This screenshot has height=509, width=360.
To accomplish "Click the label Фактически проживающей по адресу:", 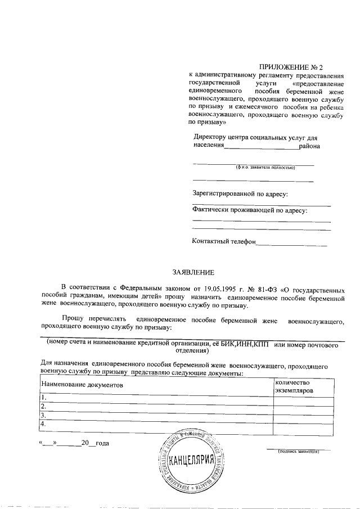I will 250,210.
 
